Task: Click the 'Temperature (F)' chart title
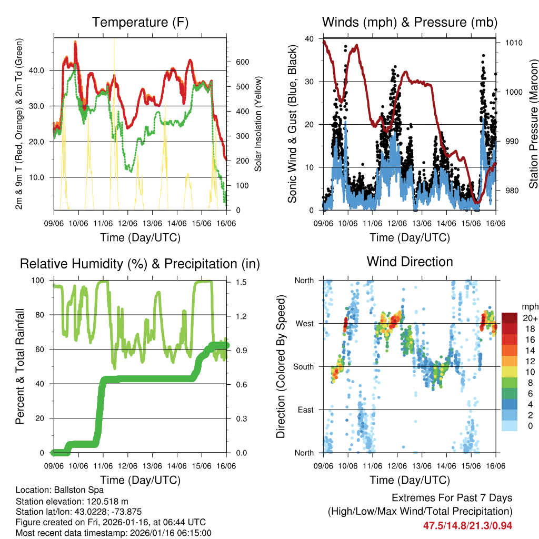point(140,22)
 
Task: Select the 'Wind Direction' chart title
point(410,262)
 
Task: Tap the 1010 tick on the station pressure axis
point(514,43)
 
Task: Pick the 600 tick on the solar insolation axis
point(242,62)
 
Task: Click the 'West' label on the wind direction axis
point(304,323)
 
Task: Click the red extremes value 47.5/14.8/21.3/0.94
point(467,525)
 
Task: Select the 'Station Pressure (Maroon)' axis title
point(533,124)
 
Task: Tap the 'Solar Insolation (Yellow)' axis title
point(258,124)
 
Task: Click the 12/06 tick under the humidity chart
point(127,466)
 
